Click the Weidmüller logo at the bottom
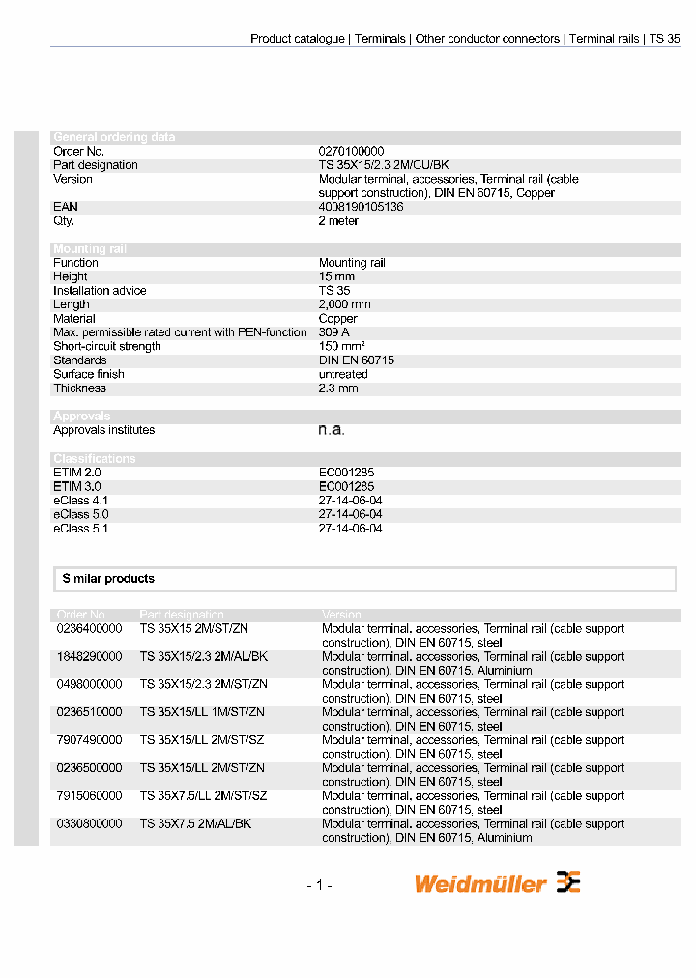497,883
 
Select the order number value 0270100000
351,152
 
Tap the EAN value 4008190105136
361,207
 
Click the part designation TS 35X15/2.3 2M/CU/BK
384,165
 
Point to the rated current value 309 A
334,332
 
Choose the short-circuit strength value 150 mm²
342,346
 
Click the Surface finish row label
89,374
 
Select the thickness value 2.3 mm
338,388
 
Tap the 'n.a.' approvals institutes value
332,430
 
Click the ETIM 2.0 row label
77,473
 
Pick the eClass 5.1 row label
82,529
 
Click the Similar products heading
108,579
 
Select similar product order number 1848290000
90,657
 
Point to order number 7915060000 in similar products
90,796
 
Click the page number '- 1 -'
319,885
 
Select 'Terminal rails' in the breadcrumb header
603,39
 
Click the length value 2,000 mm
345,304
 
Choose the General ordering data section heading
114,137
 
